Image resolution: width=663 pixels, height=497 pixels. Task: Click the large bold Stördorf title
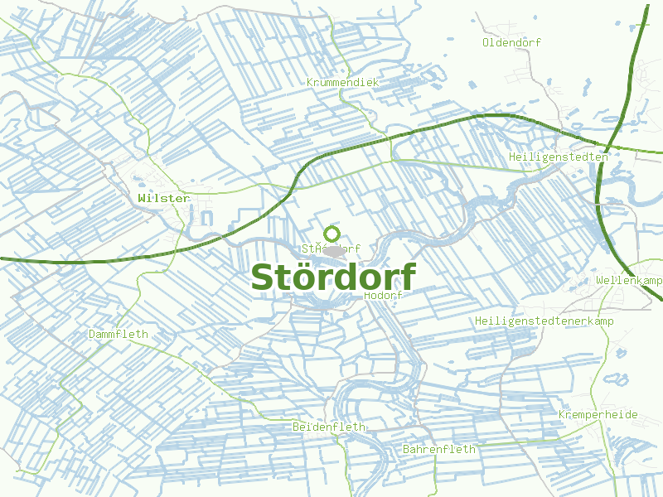click(332, 277)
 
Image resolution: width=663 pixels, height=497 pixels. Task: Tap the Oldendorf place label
click(511, 41)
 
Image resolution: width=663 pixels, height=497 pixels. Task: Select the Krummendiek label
click(342, 83)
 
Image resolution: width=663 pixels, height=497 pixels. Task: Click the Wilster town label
click(164, 199)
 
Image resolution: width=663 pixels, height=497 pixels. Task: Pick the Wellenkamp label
click(629, 281)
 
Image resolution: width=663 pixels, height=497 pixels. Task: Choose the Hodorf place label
click(383, 296)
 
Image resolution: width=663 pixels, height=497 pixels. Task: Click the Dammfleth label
click(118, 335)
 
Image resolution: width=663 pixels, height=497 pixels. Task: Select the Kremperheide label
click(598, 414)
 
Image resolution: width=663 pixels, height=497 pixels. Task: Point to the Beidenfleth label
click(329, 427)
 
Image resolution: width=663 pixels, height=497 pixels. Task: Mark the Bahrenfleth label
click(439, 449)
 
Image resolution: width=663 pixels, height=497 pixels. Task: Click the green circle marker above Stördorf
click(332, 234)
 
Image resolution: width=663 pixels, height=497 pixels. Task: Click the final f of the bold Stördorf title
click(407, 276)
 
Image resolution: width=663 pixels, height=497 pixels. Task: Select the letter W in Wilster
click(142, 199)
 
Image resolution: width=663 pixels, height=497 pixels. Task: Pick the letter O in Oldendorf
click(486, 41)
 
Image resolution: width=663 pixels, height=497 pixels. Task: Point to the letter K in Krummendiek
click(310, 83)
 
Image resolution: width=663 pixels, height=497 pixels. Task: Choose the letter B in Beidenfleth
click(296, 427)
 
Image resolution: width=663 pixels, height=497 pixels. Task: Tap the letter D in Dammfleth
click(92, 335)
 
